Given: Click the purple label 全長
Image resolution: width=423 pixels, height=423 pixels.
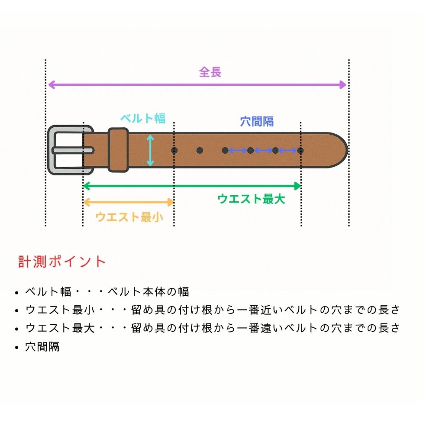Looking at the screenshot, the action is [210, 72].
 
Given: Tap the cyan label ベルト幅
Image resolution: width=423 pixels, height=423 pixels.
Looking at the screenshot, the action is [143, 118].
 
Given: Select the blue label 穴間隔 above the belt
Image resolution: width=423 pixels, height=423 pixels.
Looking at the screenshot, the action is [257, 122].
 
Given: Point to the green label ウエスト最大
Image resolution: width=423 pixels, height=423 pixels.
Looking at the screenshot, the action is [251, 199].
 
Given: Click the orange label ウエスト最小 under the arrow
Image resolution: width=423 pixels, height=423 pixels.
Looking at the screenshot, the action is [129, 216].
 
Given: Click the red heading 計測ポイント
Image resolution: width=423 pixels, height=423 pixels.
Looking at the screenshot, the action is [62, 262].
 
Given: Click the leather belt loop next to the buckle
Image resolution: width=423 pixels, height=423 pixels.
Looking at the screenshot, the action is [118, 150].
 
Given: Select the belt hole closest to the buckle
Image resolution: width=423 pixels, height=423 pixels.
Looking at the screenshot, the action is [174, 150].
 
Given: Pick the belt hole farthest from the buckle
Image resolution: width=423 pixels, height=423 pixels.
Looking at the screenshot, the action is [300, 150].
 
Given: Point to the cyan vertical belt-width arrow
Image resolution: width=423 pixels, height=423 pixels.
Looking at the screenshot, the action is [150, 150].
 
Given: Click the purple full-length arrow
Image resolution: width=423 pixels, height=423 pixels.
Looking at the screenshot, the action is [197, 84].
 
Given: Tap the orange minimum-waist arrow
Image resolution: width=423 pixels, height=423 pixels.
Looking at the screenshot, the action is [128, 202].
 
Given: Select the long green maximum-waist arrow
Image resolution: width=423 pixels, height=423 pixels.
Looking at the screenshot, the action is [192, 186].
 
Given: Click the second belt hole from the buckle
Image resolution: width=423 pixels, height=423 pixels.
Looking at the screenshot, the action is [200, 150].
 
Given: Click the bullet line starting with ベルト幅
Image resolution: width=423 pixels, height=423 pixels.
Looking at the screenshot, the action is [107, 292].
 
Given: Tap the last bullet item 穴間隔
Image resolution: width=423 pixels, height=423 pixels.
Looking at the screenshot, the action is [42, 347].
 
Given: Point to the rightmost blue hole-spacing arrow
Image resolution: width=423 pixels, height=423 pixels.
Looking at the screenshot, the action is [288, 150].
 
